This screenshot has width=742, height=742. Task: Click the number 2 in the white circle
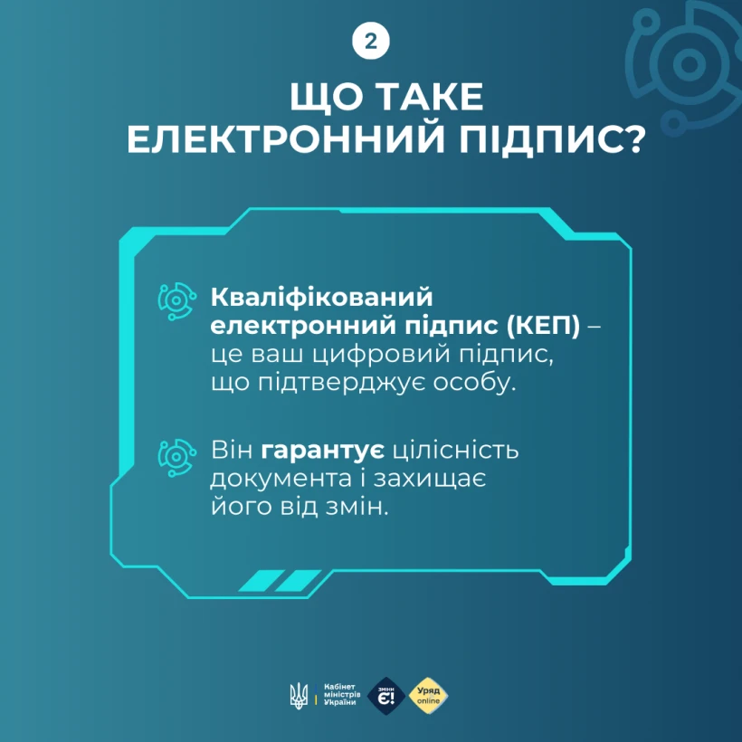[x=371, y=41]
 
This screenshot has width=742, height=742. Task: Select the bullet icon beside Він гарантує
[x=176, y=453]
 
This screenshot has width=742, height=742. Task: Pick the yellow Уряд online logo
[x=428, y=696]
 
